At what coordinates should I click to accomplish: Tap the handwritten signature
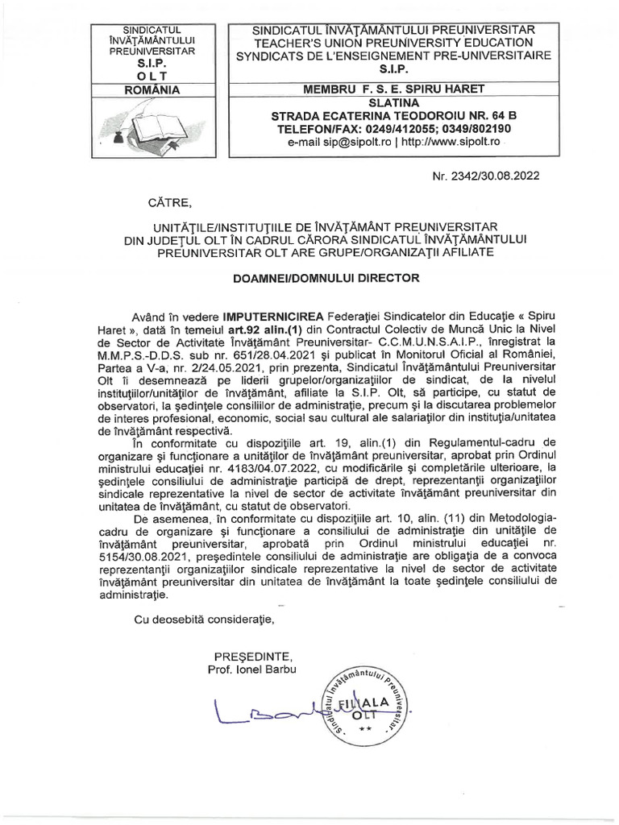click(x=274, y=712)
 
